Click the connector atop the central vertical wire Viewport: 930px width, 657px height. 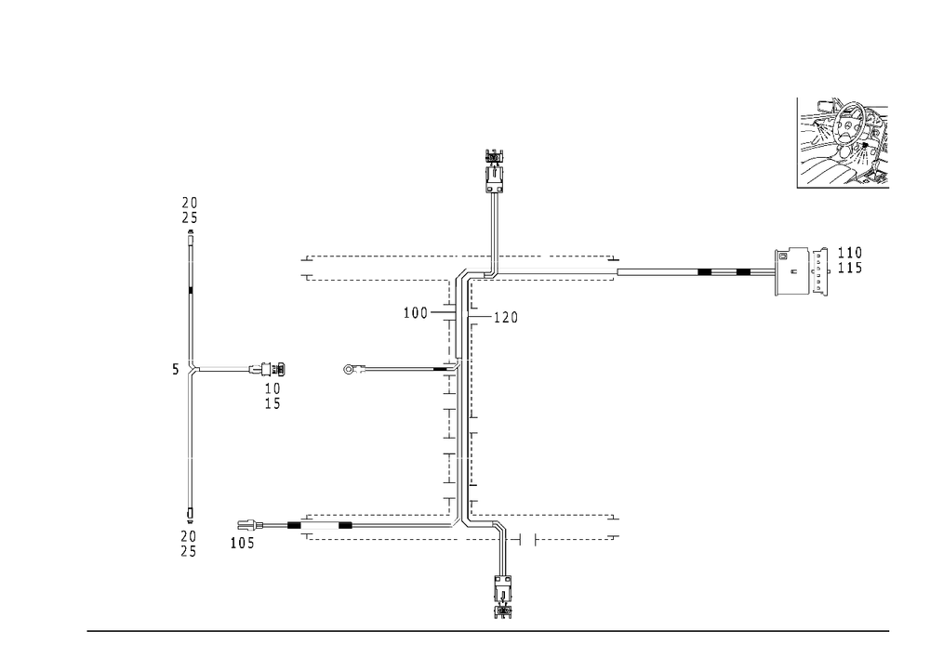494,163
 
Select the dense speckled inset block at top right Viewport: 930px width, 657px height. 844,142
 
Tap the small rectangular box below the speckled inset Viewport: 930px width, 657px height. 793,272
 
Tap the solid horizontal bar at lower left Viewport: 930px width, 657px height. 319,526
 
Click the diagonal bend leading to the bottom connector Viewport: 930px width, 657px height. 500,528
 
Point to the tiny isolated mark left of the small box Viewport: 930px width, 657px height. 712,272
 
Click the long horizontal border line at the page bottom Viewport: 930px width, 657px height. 488,629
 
